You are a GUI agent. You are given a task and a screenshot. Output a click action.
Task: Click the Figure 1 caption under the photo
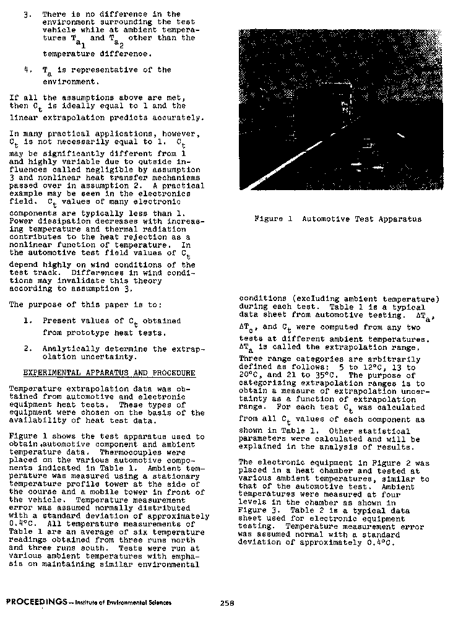(338, 219)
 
